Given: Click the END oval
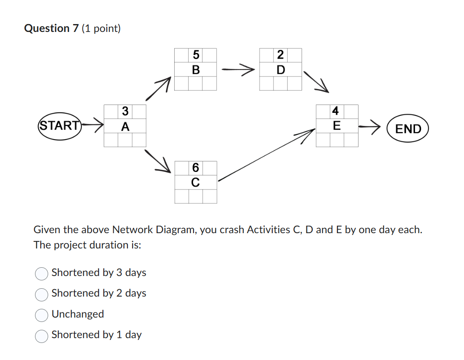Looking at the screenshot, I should coord(408,129).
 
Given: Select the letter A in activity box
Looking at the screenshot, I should coord(125,127).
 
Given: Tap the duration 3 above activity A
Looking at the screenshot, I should coord(125,112).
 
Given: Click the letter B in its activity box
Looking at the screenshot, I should coord(196,70).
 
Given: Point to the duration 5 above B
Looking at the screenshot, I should coord(196,55).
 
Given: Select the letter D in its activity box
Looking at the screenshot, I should coord(281,70).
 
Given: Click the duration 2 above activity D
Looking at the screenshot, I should coord(281,55).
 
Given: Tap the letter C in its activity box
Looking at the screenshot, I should coord(196,182).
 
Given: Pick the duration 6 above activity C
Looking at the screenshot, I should coord(196,168).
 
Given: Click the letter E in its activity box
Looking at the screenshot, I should coord(336,126).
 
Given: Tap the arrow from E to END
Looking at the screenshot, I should coord(369,127).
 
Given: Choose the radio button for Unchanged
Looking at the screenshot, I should coord(42,315).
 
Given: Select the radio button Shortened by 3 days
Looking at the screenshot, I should coord(42,273).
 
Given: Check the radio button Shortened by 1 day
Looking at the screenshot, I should coord(42,336).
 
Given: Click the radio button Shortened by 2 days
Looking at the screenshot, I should coord(42,294).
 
